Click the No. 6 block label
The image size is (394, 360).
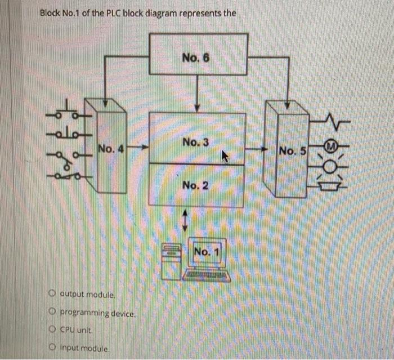[x=196, y=57]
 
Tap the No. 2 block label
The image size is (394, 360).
[x=196, y=185]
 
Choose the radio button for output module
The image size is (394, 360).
[x=51, y=294]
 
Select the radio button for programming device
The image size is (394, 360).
[x=51, y=313]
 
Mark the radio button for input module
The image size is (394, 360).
[x=51, y=348]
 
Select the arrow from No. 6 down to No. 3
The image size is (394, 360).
[x=196, y=93]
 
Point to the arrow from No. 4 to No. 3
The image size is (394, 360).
[x=137, y=149]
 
